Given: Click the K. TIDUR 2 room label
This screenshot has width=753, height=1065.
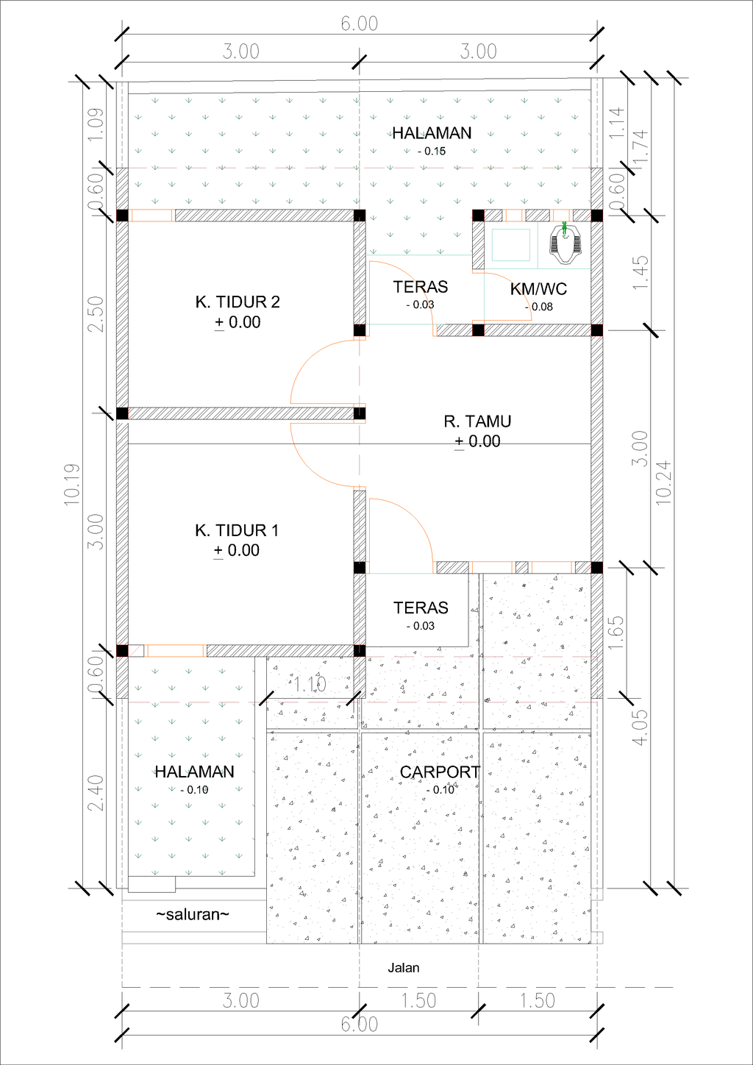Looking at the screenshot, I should pyautogui.click(x=237, y=302).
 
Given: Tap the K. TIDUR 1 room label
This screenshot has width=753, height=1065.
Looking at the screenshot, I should pyautogui.click(x=236, y=530).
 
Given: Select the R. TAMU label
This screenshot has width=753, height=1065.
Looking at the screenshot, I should pyautogui.click(x=477, y=421).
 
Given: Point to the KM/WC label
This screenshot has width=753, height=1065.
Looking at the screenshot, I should pyautogui.click(x=538, y=289).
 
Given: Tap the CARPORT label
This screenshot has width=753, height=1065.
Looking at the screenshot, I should pyautogui.click(x=439, y=772).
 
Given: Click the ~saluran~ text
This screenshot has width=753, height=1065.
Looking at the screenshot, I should pyautogui.click(x=193, y=915).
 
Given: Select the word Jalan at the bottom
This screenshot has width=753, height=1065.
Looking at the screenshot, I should pyautogui.click(x=404, y=968).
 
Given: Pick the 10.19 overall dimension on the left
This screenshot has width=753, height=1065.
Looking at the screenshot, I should pyautogui.click(x=71, y=483).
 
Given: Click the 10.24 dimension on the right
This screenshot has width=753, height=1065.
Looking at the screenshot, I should pyautogui.click(x=663, y=482).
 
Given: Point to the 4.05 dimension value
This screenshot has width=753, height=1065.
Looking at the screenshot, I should pyautogui.click(x=640, y=727).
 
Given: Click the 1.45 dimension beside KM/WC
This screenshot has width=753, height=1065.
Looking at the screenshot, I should pyautogui.click(x=640, y=272).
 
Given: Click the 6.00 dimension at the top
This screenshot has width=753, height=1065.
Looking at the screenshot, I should pyautogui.click(x=359, y=24).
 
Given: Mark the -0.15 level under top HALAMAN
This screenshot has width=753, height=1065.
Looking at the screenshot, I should pyautogui.click(x=431, y=152).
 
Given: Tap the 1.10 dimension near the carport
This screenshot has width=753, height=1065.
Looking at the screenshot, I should pyautogui.click(x=310, y=685).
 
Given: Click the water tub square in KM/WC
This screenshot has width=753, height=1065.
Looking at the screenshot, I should pyautogui.click(x=510, y=245).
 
